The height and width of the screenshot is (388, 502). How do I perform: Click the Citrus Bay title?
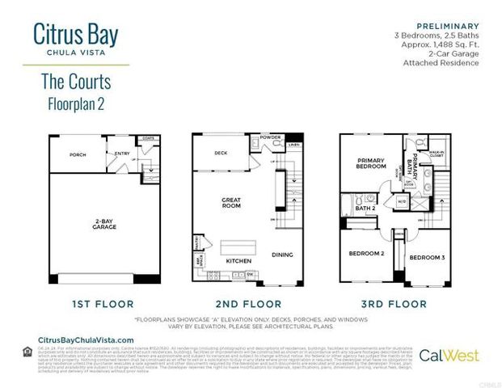[x=76, y=34]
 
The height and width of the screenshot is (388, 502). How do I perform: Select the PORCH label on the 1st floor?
[x=78, y=154]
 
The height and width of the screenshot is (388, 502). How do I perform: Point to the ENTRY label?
[x=122, y=153]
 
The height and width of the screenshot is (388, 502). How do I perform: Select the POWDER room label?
[x=271, y=137]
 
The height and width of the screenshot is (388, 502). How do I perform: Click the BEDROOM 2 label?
[x=365, y=253]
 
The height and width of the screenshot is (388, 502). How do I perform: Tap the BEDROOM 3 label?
[x=425, y=257]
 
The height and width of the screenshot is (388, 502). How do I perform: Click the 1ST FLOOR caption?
[x=100, y=304]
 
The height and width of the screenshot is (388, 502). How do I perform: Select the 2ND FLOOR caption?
[x=247, y=304]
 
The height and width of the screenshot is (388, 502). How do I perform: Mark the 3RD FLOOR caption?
[x=394, y=304]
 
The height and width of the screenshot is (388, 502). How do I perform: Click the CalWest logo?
[x=449, y=355]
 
